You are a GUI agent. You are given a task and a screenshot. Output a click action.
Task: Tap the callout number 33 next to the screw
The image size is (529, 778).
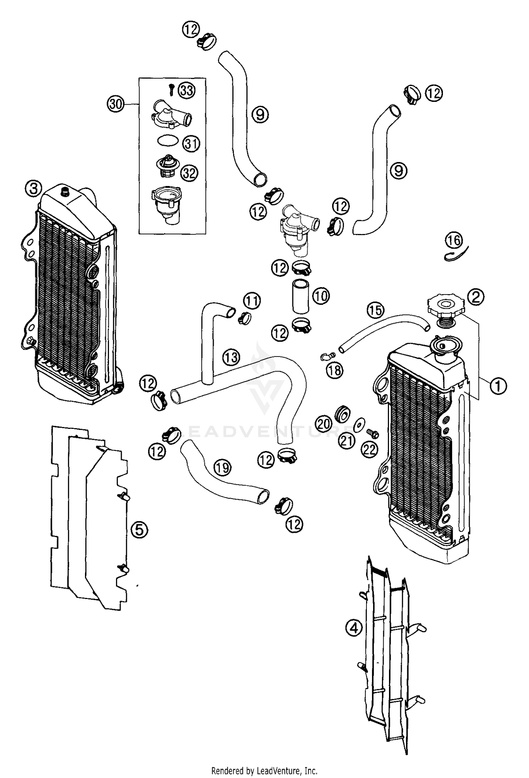(186, 91)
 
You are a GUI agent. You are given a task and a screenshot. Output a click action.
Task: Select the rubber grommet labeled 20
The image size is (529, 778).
(341, 413)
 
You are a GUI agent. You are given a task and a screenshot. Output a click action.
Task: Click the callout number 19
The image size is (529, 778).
(223, 468)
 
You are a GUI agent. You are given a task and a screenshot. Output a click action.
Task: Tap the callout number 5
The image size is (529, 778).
(139, 529)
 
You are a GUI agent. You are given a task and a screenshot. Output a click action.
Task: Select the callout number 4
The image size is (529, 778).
(354, 627)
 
